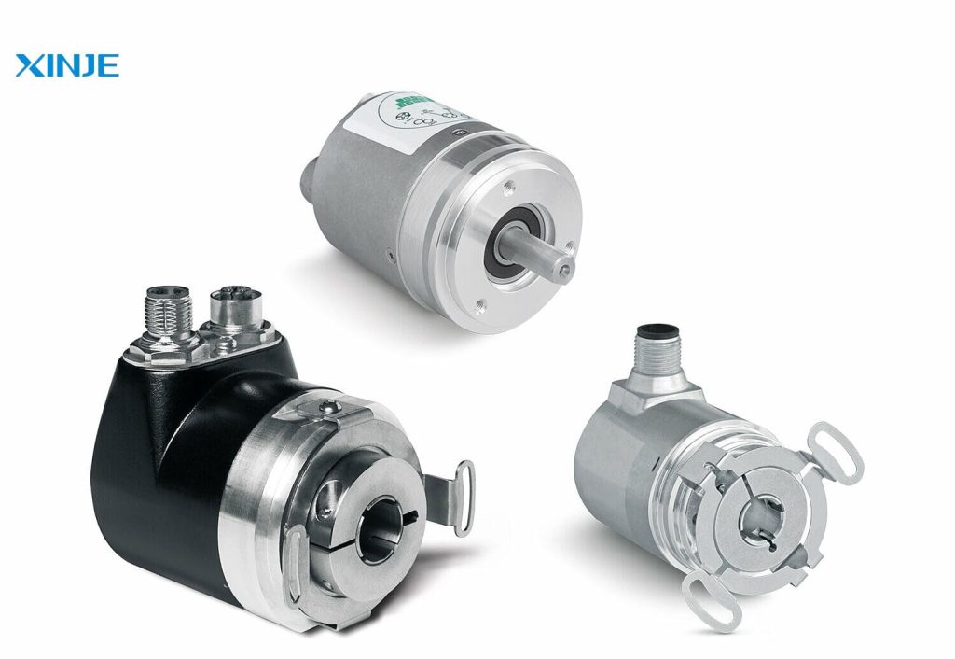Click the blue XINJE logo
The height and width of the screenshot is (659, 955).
click(x=67, y=66)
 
